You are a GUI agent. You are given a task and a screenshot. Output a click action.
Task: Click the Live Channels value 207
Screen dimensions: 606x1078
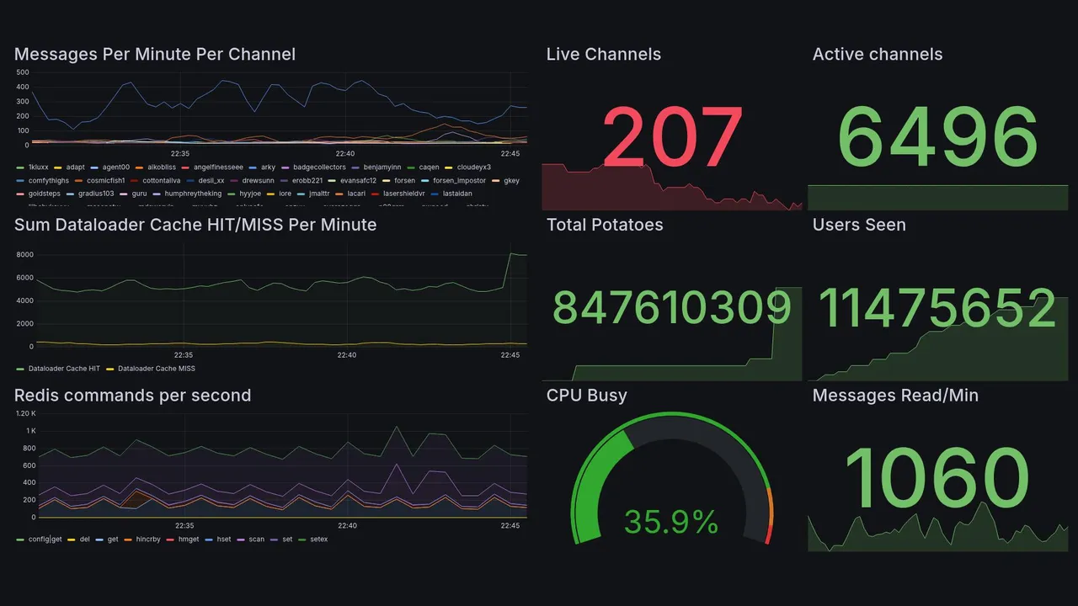click(x=672, y=137)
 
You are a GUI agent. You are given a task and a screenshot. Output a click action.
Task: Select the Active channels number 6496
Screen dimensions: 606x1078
click(x=937, y=137)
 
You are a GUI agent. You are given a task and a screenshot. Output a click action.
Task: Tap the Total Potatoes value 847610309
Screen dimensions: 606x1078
click(x=672, y=309)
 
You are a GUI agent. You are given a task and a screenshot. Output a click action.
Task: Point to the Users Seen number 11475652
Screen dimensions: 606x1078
click(x=937, y=309)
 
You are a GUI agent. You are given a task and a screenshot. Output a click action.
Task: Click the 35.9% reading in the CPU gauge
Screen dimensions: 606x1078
click(x=671, y=522)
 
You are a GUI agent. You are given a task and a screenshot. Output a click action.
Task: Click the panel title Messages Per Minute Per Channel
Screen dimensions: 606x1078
click(x=155, y=55)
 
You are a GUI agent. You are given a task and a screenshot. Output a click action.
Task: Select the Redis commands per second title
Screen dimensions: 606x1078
click(x=133, y=396)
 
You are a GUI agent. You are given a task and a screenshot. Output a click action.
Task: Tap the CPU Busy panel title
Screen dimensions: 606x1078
click(x=586, y=396)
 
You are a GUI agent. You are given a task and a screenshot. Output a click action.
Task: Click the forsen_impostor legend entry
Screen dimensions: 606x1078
click(x=460, y=181)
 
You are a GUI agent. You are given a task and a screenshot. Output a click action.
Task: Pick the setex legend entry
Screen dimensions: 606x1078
click(x=319, y=540)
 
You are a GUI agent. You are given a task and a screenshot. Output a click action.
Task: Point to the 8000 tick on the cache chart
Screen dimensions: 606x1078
click(x=24, y=255)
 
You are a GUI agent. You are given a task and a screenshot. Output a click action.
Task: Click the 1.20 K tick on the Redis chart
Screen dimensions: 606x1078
click(x=27, y=414)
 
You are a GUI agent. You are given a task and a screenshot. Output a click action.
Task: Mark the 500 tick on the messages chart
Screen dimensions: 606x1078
click(x=23, y=73)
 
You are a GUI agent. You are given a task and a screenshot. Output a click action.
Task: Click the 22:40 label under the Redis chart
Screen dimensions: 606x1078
click(x=347, y=526)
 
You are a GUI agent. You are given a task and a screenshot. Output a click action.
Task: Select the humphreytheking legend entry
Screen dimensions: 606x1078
click(x=193, y=194)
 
